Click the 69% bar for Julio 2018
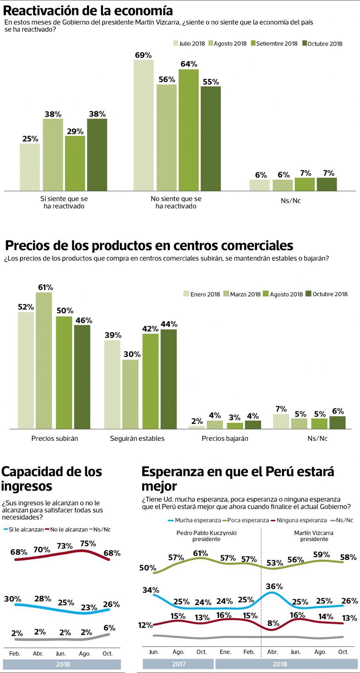(143, 125)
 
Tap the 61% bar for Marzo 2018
(44, 360)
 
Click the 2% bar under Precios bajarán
(197, 427)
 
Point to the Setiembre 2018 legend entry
(274, 43)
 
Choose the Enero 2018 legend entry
(202, 294)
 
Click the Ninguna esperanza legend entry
(298, 520)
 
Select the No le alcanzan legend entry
(66, 529)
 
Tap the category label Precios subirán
(55, 438)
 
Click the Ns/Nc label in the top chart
(291, 201)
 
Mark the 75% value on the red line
(88, 543)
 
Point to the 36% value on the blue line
(274, 586)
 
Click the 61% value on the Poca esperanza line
(201, 553)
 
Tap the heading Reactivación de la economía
(88, 11)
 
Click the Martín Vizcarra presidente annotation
(314, 536)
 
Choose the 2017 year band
(178, 664)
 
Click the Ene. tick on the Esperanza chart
(225, 652)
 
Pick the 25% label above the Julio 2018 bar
(30, 138)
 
